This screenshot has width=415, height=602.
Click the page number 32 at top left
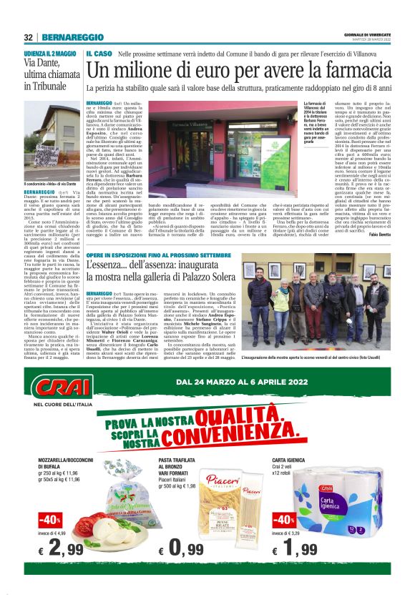coord(29,37)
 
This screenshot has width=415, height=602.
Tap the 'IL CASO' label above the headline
coord(97,54)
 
